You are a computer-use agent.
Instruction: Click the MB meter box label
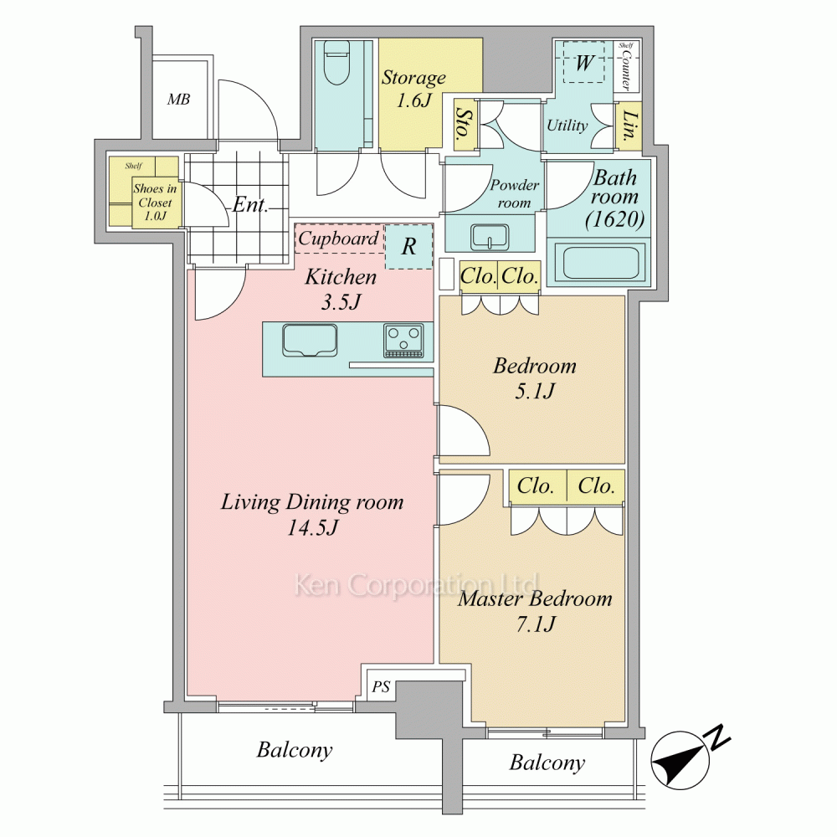tap(178, 100)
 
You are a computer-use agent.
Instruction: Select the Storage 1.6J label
tap(413, 89)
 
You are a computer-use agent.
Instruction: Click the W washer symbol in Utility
tap(584, 63)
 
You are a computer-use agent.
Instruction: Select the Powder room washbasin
tap(490, 237)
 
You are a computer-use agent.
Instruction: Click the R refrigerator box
tap(409, 246)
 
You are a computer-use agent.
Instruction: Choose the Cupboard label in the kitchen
tap(338, 239)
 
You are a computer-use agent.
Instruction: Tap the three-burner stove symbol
tap(403, 341)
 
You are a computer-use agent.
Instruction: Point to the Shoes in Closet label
tap(155, 203)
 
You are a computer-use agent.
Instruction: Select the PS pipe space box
tap(381, 686)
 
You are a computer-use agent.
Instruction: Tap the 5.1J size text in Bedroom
tap(535, 393)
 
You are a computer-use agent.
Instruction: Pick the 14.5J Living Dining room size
tap(312, 528)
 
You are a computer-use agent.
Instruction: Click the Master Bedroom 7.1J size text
tap(536, 624)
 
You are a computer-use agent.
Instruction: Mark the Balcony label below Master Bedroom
tap(547, 763)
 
